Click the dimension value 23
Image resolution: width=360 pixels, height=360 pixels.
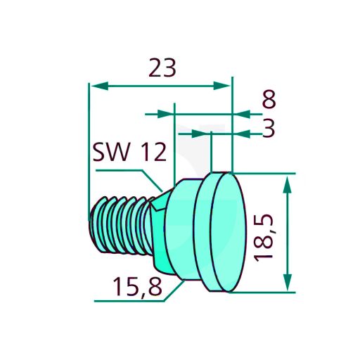coord(162,68)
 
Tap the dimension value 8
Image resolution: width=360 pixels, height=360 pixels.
coord(269,99)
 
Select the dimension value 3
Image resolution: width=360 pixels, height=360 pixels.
coord(269,128)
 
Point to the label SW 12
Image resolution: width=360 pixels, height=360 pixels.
coord(129,152)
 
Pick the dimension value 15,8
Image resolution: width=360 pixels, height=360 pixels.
coord(138,287)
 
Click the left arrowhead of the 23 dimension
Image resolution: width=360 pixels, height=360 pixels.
coord(100,86)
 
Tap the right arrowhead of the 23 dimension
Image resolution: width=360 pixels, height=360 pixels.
coord(221,86)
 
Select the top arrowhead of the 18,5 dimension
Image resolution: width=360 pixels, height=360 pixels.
coord(288,185)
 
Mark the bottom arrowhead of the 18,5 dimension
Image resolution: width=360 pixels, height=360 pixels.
coord(288,282)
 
